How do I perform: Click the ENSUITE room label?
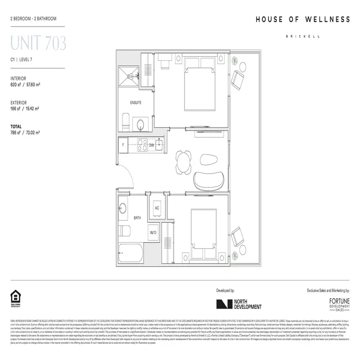pos(136,103)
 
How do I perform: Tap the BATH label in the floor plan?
pos(137,218)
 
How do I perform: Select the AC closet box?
pos(157,208)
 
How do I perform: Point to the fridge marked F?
pos(123,145)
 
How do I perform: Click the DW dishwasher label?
pos(152,145)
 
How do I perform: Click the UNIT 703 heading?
pos(38,44)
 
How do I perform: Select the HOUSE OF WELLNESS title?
pos(302,19)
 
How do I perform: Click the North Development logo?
pos(238,305)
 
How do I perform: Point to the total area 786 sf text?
pos(25,133)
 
